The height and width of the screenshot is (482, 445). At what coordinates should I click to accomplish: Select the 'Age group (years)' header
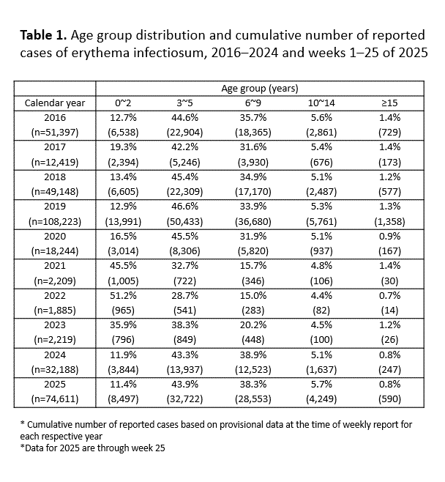[259, 88]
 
